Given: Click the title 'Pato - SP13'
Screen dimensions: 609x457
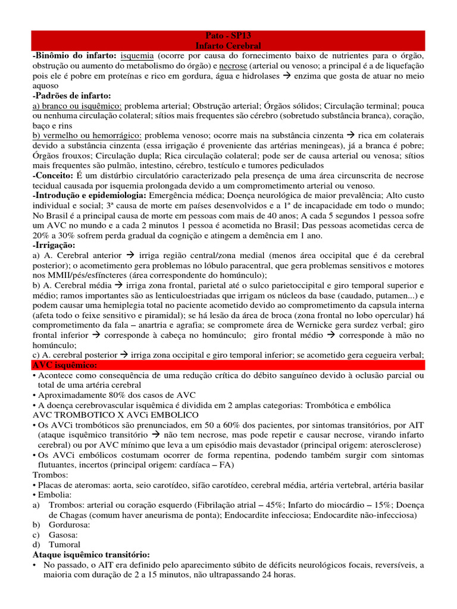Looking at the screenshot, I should coord(228,36).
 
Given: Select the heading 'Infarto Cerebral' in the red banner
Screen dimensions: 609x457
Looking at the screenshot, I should coord(228,45).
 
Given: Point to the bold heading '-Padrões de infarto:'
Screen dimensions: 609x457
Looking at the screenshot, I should coord(72,96).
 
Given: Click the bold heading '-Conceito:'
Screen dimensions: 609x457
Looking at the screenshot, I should coord(52,177).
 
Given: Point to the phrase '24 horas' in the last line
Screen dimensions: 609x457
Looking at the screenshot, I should coord(277,577).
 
